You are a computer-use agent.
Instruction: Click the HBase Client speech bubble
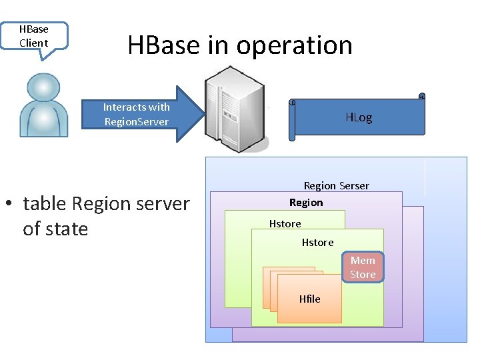pyautogui.click(x=34, y=36)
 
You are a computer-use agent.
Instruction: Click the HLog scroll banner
pyautogui.click(x=358, y=117)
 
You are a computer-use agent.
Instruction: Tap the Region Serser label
pyautogui.click(x=336, y=185)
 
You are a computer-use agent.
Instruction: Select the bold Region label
pyautogui.click(x=306, y=202)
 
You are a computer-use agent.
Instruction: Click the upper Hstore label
pyautogui.click(x=285, y=223)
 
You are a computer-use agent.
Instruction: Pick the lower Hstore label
pyautogui.click(x=317, y=242)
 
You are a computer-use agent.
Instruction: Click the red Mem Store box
pyautogui.click(x=363, y=267)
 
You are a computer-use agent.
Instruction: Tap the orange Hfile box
pyautogui.click(x=309, y=299)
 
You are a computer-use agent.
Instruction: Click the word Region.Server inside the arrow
pyautogui.click(x=137, y=121)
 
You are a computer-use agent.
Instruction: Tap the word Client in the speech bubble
pyautogui.click(x=34, y=43)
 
